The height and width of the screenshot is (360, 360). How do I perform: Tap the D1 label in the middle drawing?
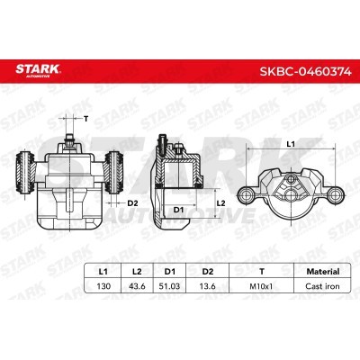tap(179, 210)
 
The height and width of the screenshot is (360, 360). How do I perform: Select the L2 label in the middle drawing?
tap(221, 204)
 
